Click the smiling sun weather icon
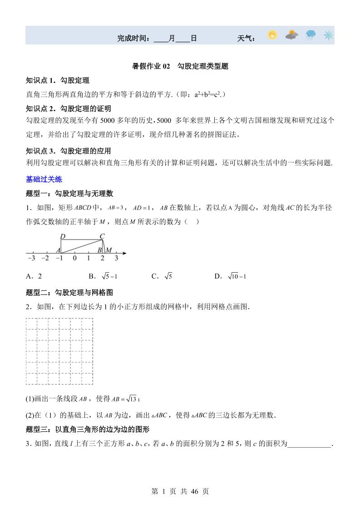[x=272, y=35]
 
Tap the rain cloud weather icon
[x=311, y=35]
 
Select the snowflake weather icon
[x=328, y=35]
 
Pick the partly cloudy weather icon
[x=292, y=35]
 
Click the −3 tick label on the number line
[x=31, y=259]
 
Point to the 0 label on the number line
[x=74, y=259]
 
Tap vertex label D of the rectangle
[x=63, y=236]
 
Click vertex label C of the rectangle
[x=102, y=236]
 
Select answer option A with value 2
[x=34, y=276]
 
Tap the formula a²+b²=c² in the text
[x=207, y=94]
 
